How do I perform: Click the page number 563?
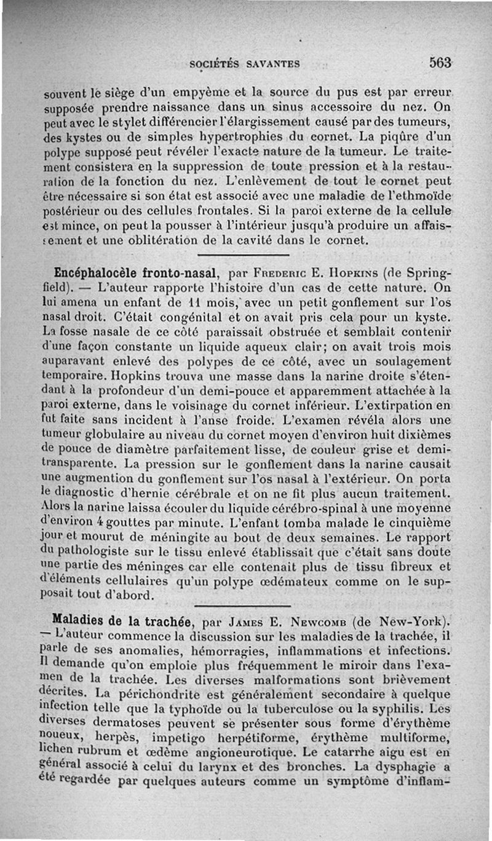tap(441, 62)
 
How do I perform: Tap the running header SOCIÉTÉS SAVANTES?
tap(244, 63)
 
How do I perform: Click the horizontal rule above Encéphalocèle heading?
tap(245, 255)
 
